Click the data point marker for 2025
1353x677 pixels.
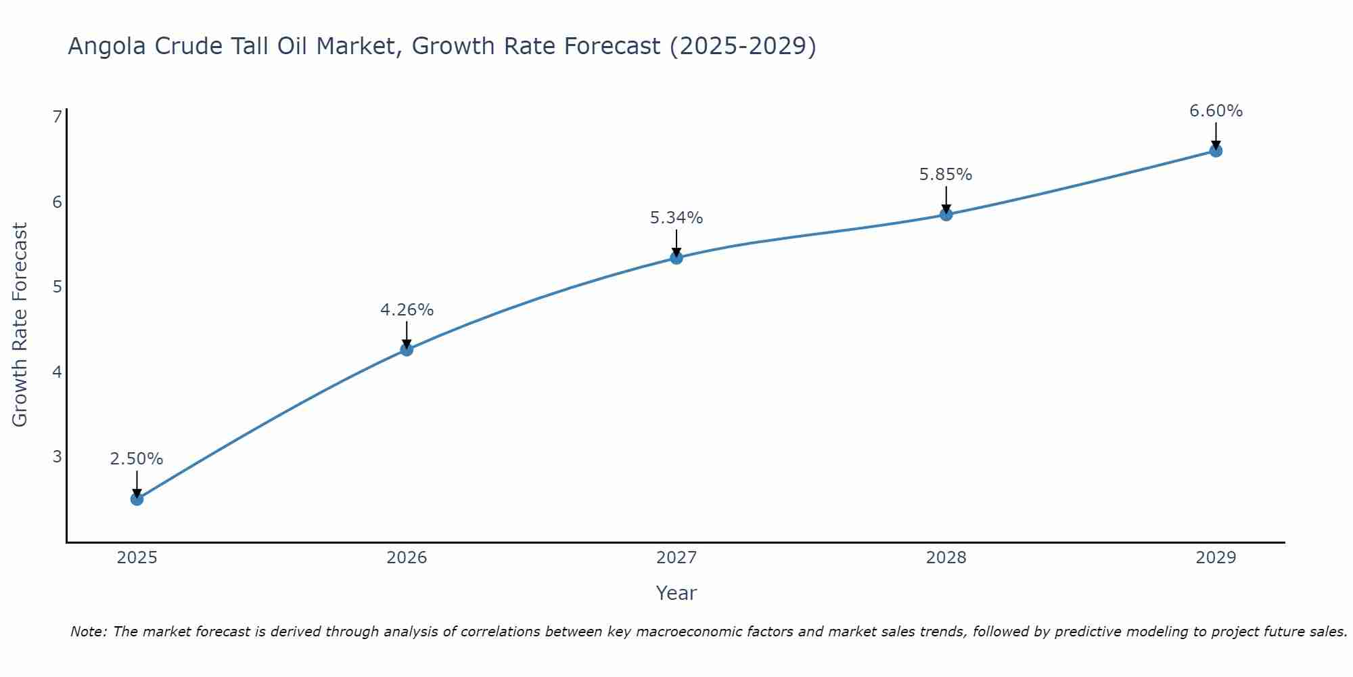tap(137, 499)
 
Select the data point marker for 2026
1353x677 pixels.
tap(407, 349)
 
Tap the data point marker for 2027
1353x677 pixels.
tap(676, 257)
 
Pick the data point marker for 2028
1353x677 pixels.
tap(946, 215)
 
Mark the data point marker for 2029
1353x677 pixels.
tap(1216, 150)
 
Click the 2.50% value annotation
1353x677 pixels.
tap(137, 459)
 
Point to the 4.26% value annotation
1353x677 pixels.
tap(407, 310)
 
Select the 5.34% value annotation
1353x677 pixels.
tap(676, 218)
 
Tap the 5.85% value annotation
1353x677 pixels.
tap(946, 175)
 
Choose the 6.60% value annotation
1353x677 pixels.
tap(1216, 111)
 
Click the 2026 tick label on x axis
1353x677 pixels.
tap(407, 558)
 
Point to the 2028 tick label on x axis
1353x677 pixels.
tap(946, 558)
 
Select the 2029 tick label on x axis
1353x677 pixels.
tap(1216, 558)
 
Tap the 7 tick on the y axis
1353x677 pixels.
tap(57, 117)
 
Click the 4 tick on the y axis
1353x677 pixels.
tap(57, 372)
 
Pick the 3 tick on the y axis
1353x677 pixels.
tap(57, 456)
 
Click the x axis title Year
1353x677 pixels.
tap(676, 593)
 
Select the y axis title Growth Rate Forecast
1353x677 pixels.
tap(20, 325)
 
